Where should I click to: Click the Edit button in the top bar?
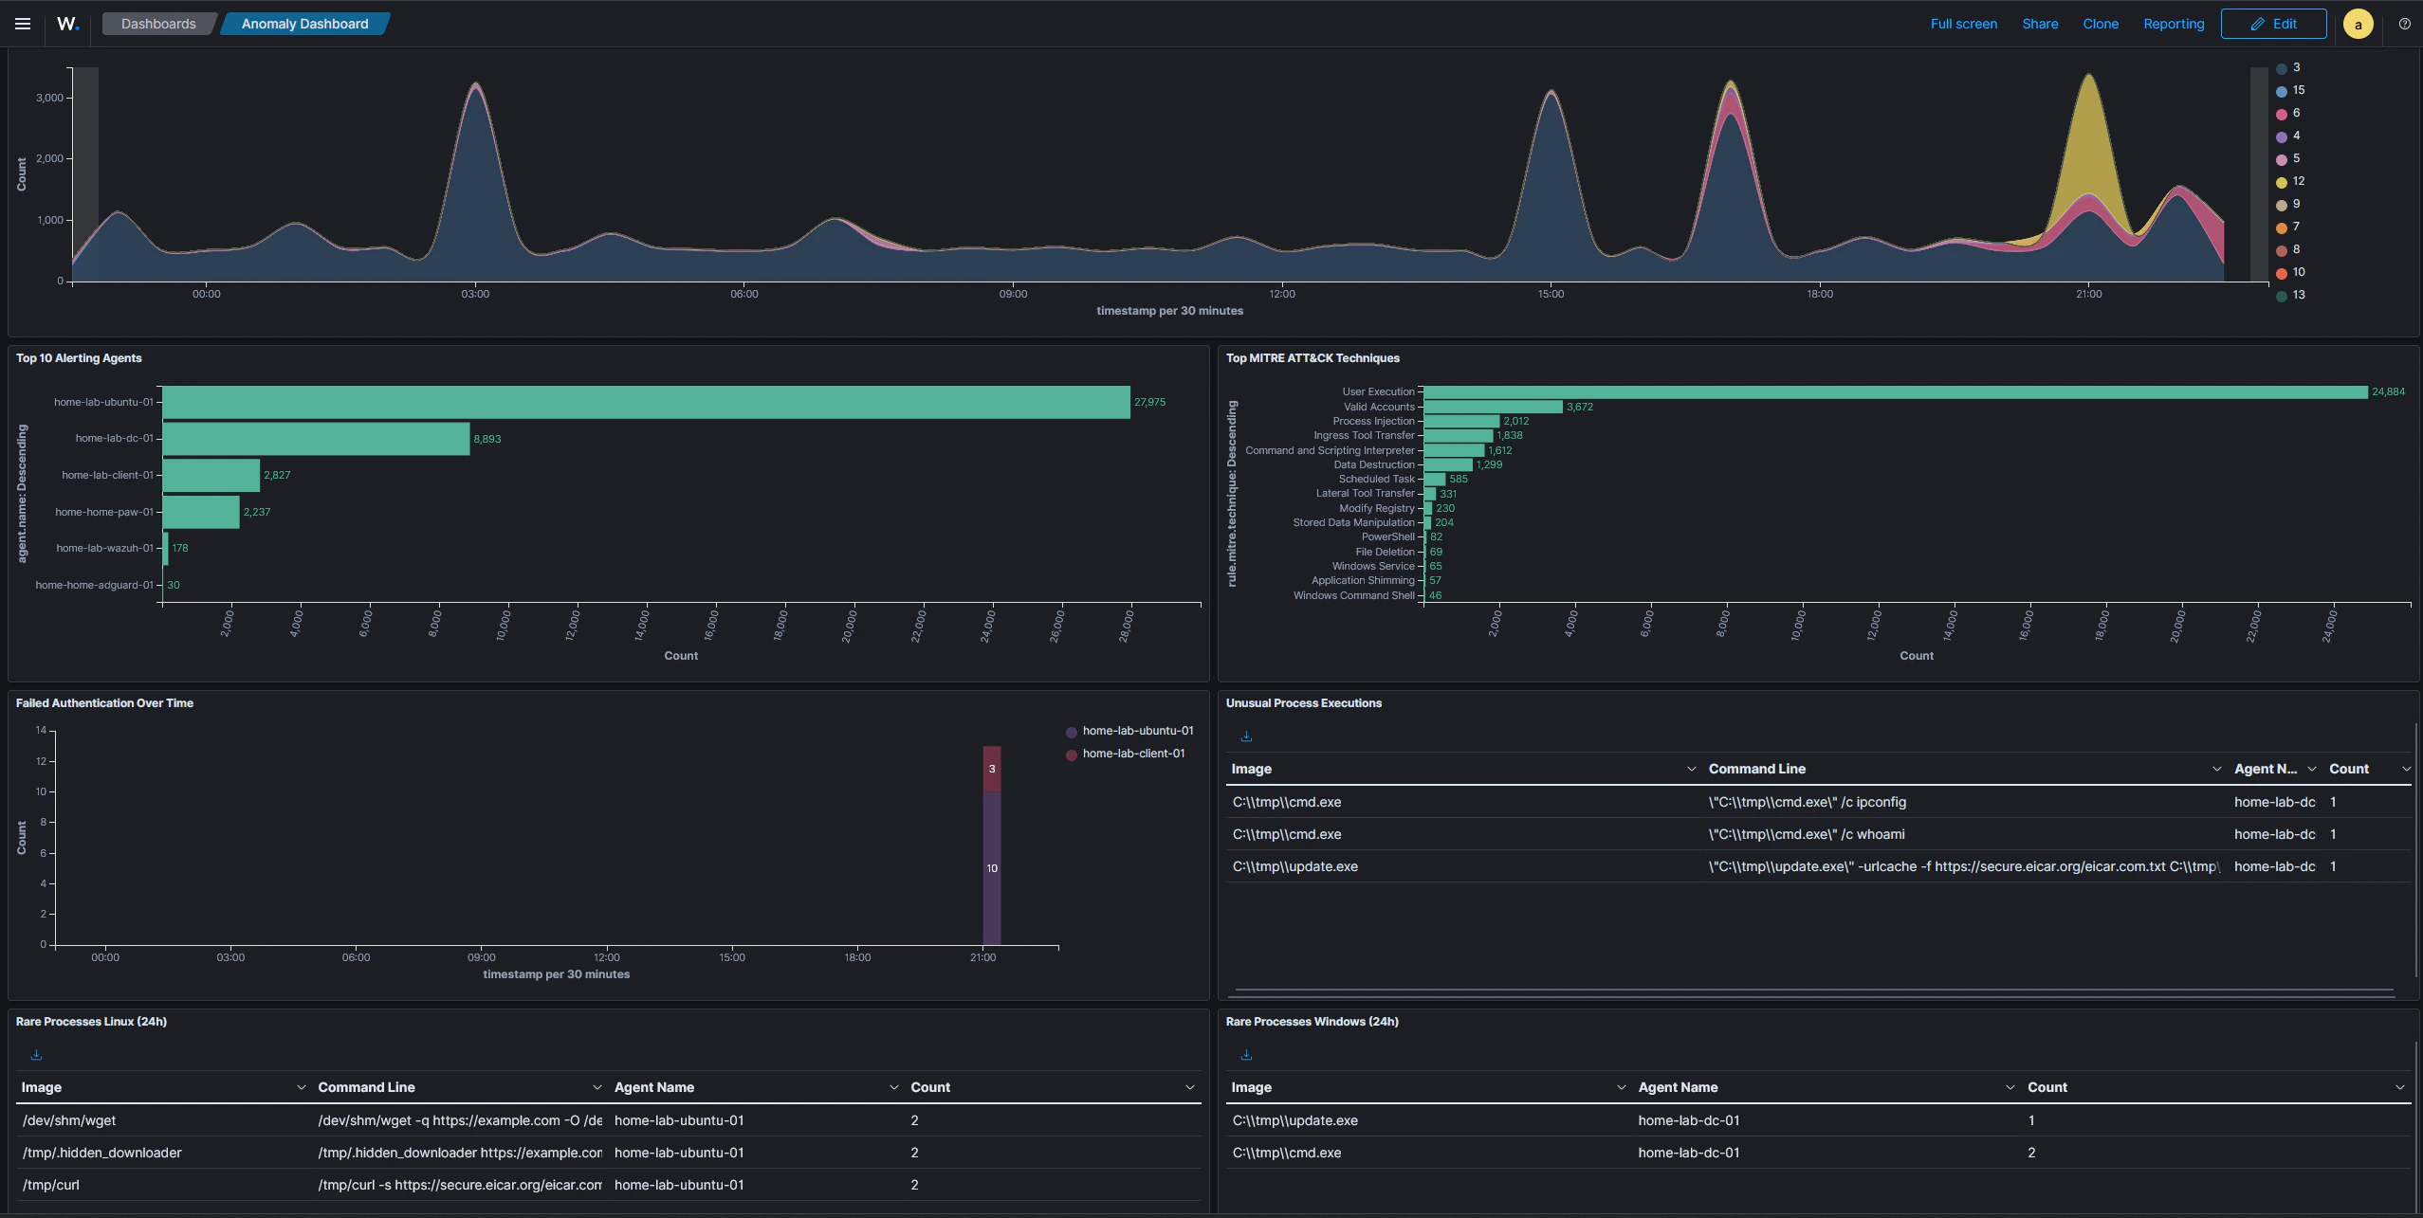2272,24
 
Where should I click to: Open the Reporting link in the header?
2173,24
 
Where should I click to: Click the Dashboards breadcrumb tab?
158,24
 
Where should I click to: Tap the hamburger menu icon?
23,24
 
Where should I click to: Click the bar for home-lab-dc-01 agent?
316,439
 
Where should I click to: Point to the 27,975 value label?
1149,402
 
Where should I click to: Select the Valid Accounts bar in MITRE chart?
1493,407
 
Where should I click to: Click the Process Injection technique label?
1372,421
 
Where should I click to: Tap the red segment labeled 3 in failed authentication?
991,769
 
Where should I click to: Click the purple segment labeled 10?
991,868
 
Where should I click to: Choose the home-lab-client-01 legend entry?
1132,754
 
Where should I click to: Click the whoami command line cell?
1807,834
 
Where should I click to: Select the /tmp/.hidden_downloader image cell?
102,1153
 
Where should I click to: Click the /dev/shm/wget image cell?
69,1120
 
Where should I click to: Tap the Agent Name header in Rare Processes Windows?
1678,1087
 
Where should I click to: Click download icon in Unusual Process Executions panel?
1246,736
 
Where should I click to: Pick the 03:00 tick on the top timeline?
475,294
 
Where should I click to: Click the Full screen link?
1963,24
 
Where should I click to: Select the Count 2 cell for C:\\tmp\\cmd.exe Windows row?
2031,1153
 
